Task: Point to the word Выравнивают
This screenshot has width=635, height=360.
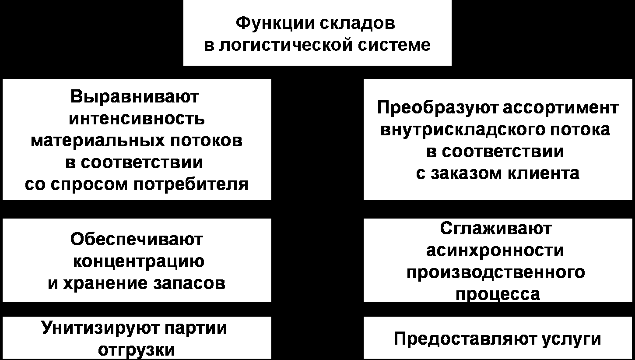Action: pyautogui.click(x=135, y=97)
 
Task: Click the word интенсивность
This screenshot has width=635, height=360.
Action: pyautogui.click(x=137, y=119)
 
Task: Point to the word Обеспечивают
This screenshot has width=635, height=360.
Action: pyautogui.click(x=137, y=240)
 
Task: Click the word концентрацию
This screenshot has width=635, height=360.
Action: pyautogui.click(x=138, y=261)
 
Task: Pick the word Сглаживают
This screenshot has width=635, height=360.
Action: pyautogui.click(x=496, y=228)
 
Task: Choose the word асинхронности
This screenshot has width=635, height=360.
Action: pyautogui.click(x=495, y=251)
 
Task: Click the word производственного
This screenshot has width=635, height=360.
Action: pyautogui.click(x=495, y=272)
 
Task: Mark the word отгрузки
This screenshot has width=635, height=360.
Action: pyautogui.click(x=137, y=350)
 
